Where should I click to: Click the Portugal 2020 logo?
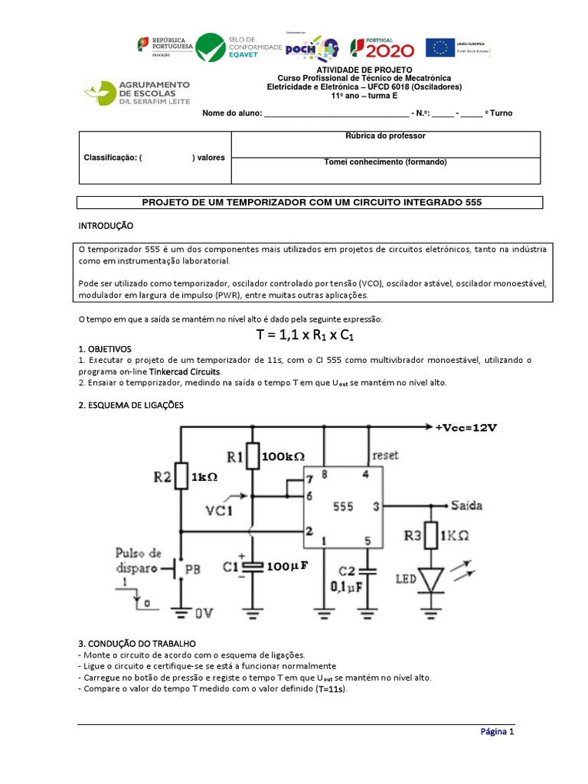coord(382,47)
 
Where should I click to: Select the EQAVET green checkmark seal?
coord(211,47)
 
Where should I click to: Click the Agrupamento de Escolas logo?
coord(138,93)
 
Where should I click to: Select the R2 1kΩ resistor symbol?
coord(181,475)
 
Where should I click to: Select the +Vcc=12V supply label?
coord(467,427)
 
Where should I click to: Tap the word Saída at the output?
coord(467,506)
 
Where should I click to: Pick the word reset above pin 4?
coord(385,455)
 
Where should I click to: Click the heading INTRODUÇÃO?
coord(106,227)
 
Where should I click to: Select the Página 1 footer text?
coord(498,731)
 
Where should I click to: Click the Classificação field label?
coord(112,157)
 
